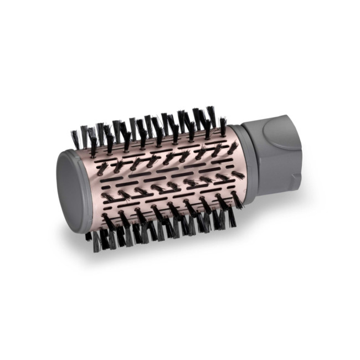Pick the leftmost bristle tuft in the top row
(x=75, y=140)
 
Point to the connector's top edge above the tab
(x=271, y=117)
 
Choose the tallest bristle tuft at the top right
(x=211, y=114)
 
